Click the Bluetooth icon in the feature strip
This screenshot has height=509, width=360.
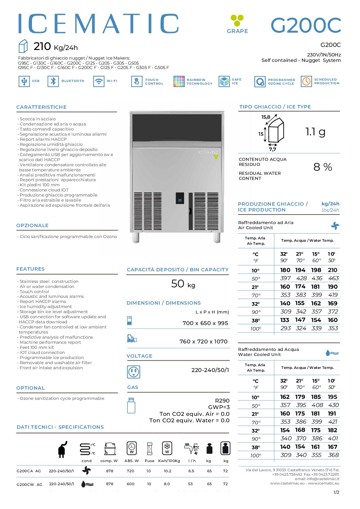pos(53,81)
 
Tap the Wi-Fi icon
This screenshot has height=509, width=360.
pos(99,81)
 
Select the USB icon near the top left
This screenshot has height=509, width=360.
pos(24,81)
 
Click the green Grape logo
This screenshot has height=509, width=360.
pos(237,20)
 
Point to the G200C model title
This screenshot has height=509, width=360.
pos(306,25)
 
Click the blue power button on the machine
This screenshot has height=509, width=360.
pos(180,200)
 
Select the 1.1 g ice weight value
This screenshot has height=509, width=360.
pos(315,132)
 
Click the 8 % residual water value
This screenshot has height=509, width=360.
pos(323,167)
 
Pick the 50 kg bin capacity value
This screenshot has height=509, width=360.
pos(183,284)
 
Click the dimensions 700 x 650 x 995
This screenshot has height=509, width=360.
pos(205,323)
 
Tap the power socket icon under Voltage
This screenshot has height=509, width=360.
pos(133,372)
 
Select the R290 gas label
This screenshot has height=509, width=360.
pos(222,401)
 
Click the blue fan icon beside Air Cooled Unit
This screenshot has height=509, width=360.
pos(335,226)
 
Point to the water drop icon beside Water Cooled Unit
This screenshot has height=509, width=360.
pos(332,353)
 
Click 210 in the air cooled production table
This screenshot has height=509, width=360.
pos(332,270)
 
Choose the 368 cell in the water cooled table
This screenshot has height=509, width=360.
pos(333,455)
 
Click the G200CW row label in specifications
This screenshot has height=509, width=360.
pos(29,484)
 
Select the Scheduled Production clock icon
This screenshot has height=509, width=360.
pos(306,81)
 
